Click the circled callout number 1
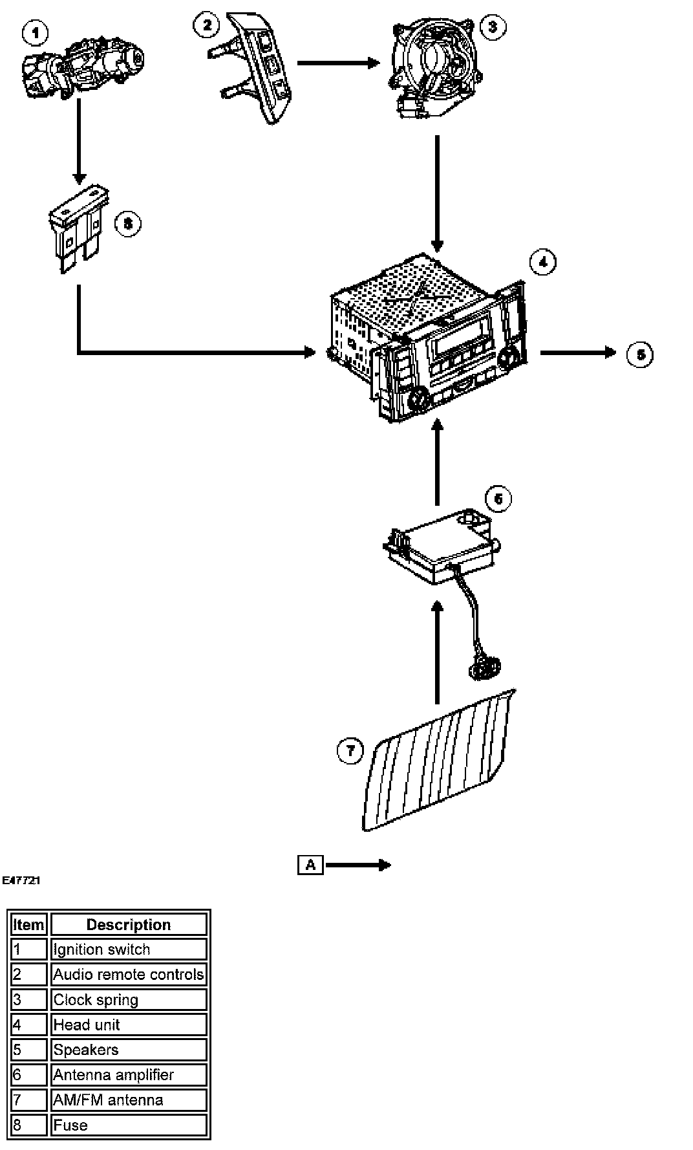(x=36, y=32)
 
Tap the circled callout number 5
(x=640, y=354)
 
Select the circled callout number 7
(x=350, y=750)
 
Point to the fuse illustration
(x=78, y=229)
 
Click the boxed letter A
(x=310, y=865)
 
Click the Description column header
(x=129, y=925)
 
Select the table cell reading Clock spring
(x=129, y=1000)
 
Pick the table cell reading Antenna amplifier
(x=129, y=1075)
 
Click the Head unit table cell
(x=129, y=1025)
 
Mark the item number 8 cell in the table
(x=29, y=1125)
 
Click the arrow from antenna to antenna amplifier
(x=437, y=653)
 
